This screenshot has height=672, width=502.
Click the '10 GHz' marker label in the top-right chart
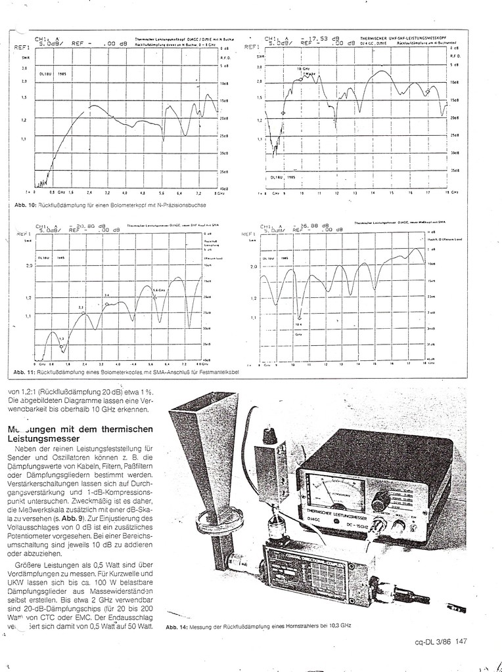click(x=302, y=68)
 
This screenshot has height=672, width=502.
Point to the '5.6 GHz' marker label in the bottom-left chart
click(x=160, y=289)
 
